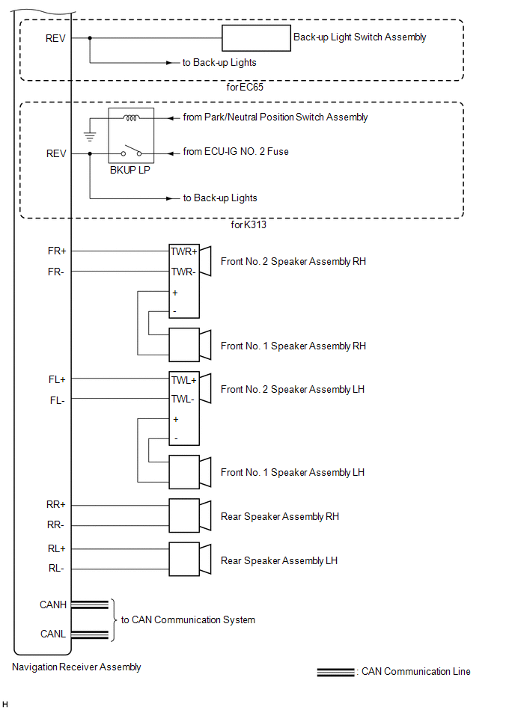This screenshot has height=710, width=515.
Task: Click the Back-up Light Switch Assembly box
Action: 256,37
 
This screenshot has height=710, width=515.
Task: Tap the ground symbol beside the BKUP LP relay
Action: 91,135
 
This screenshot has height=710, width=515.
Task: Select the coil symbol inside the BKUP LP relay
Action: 131,117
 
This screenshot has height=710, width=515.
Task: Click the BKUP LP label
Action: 130,169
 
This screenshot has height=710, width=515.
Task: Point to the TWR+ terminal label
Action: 183,251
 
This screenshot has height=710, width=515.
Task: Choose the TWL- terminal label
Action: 183,400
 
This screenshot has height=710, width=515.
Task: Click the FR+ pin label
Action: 56,251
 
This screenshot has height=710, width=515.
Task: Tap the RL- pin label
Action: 56,569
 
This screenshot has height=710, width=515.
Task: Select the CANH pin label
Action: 53,604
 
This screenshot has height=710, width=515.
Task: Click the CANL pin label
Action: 53,634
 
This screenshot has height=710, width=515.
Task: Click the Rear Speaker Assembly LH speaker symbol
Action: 192,559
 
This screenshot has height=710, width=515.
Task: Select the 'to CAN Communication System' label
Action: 188,619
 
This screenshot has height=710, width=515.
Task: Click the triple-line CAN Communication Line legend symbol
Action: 335,672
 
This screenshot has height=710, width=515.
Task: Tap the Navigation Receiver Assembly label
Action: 77,667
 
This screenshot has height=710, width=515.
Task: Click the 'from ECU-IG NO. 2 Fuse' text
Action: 235,152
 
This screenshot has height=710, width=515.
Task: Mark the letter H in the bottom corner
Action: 5,704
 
